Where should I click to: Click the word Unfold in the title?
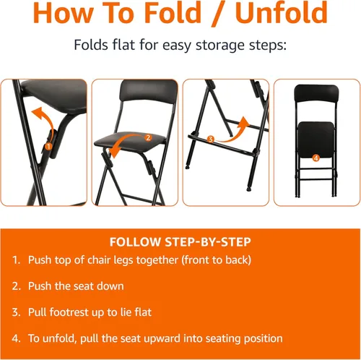coord(282,12)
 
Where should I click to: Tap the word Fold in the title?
coord(173,12)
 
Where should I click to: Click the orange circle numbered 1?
coord(48,147)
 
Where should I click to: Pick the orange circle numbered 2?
coord(148,138)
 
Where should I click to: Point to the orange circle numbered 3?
coord(211,140)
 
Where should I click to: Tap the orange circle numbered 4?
coord(316,158)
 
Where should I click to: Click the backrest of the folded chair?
coord(316,93)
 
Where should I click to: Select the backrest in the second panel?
coord(149,93)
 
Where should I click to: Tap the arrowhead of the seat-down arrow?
coord(114,153)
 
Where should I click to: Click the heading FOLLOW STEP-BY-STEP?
coord(180,242)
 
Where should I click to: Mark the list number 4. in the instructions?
coord(16,338)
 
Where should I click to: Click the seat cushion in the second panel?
coord(129,142)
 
